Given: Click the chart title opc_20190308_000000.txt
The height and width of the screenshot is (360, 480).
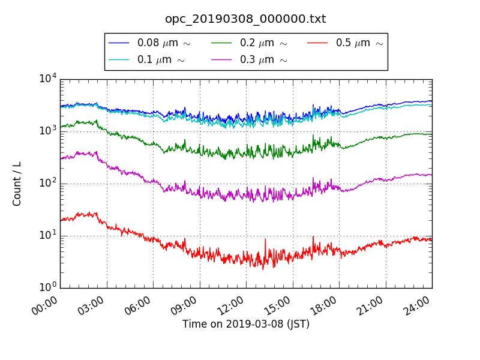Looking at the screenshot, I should tap(245, 19).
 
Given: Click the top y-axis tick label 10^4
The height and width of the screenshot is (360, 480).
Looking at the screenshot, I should tap(47, 79).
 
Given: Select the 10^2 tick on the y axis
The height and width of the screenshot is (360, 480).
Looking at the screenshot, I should tap(47, 183).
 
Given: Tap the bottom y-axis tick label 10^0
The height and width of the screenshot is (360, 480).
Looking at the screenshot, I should tap(47, 287).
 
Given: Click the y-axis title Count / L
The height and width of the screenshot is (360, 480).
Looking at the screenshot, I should tap(17, 184).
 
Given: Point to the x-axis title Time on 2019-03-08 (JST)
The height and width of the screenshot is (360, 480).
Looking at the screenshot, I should tap(246, 324).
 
